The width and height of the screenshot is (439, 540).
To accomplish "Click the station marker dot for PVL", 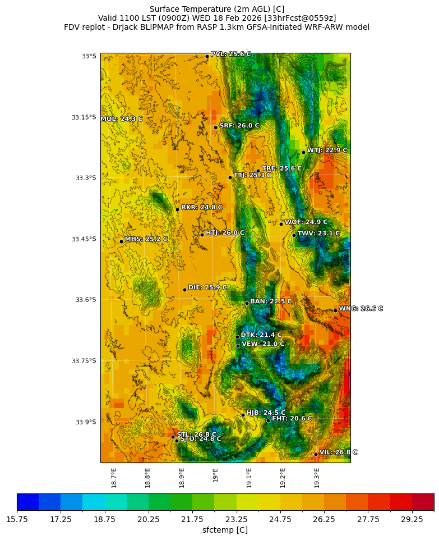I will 207,56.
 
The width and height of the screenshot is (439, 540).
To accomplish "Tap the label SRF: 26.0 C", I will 239,126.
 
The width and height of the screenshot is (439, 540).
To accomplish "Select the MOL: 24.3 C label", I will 122,119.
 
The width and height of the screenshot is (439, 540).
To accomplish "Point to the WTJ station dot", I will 303,152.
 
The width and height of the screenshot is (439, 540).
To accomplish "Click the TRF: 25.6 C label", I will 281,168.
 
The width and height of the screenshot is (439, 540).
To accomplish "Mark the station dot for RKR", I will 177,209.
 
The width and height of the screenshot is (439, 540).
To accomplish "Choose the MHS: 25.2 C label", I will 146,239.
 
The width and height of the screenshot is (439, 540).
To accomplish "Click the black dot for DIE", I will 184,290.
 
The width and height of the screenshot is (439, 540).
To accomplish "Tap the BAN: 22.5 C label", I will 271,301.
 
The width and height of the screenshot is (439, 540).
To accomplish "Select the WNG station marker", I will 335,310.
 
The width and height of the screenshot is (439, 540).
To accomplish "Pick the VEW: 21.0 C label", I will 263,344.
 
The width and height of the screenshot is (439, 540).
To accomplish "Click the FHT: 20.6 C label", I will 292,419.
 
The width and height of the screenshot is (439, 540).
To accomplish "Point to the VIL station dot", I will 316,454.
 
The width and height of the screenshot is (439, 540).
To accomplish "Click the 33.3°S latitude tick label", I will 85,178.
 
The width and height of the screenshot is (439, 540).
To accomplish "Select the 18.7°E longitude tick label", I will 114,477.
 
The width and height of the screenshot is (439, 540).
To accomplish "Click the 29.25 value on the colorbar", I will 412,520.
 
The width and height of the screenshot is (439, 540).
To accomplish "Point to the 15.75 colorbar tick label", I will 17,520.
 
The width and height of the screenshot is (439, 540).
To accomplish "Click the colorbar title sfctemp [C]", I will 225,530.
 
